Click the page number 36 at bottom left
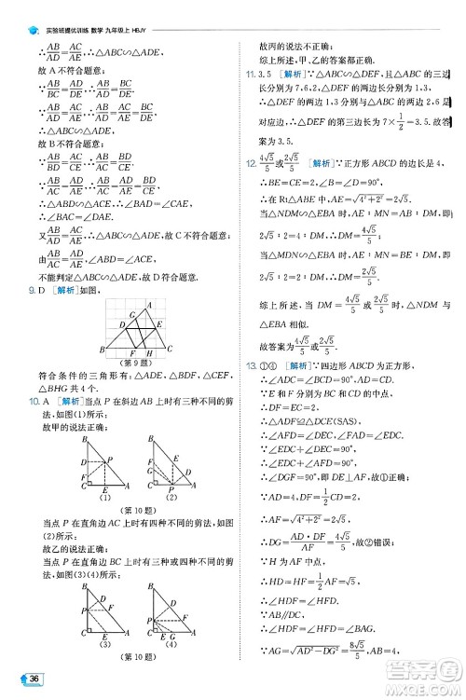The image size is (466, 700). (x=34, y=675)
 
